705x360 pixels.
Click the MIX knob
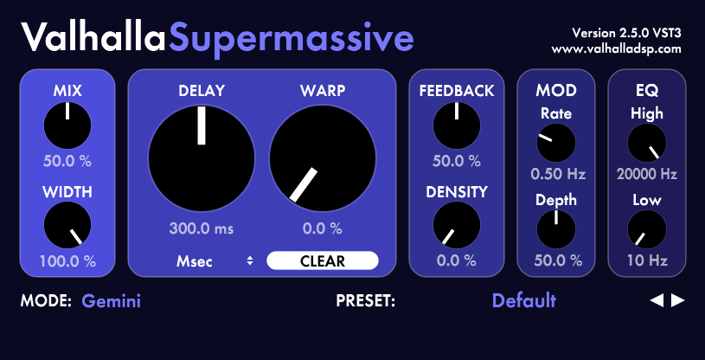(x=67, y=125)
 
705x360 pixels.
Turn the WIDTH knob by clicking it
(x=67, y=225)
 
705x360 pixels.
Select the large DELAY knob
(x=202, y=158)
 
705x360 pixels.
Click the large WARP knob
(x=323, y=158)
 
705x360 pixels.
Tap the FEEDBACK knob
(x=457, y=125)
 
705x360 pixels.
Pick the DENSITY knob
(x=457, y=225)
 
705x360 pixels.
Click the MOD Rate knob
(x=556, y=143)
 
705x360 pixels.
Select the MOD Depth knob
(x=556, y=229)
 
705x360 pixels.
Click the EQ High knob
(x=647, y=143)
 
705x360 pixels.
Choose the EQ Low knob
(x=647, y=229)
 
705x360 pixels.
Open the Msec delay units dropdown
(x=215, y=261)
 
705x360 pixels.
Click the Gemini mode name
(x=111, y=301)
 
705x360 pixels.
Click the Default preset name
(x=524, y=300)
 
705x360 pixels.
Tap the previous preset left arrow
(x=657, y=300)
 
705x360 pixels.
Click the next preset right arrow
(x=677, y=300)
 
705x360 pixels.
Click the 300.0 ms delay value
(x=202, y=228)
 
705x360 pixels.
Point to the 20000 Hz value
(x=647, y=174)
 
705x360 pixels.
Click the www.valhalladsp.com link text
(x=617, y=49)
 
